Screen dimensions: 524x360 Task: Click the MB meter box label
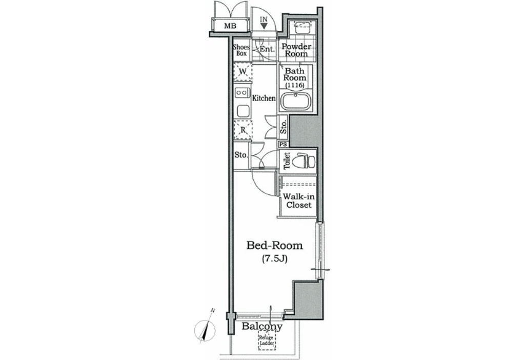pos(230,26)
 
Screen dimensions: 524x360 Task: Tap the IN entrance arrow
pos(264,26)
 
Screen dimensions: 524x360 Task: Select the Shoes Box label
pos(241,50)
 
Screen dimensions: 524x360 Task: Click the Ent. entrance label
pos(267,49)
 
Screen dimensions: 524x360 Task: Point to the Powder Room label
pos(296,50)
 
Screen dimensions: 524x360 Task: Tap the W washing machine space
pos(243,71)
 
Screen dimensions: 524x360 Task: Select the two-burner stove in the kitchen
pos(243,92)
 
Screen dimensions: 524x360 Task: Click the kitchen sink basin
pos(243,111)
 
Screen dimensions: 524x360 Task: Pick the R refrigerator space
pos(243,129)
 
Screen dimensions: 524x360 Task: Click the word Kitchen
pos(264,98)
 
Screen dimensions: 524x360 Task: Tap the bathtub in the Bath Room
pos(295,101)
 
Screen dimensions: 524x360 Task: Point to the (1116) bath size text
pos(295,85)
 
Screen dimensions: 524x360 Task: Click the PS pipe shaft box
pos(284,145)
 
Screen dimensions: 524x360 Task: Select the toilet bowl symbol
pos(304,161)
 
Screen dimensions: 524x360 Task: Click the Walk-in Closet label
pos(298,201)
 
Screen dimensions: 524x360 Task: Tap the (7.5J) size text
pos(274,259)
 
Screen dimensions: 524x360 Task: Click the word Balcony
pos(262,326)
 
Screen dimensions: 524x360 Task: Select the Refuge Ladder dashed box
pos(267,341)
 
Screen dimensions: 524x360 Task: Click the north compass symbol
pos(205,329)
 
